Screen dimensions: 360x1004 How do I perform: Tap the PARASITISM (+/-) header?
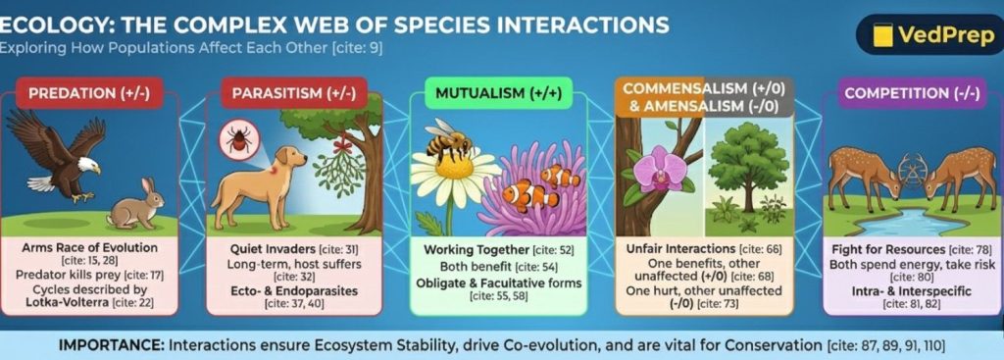click(x=293, y=95)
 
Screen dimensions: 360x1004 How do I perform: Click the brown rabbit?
click(x=135, y=206)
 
